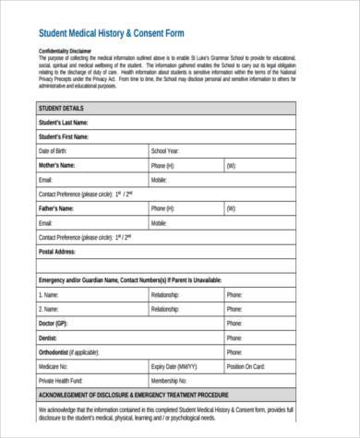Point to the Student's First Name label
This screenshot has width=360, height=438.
(64, 136)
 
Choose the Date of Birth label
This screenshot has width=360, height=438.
(54, 150)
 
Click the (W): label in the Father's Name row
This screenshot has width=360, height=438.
(230, 208)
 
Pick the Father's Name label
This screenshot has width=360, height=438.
(57, 208)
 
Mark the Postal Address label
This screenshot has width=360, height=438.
(58, 251)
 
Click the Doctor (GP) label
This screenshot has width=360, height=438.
(54, 323)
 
